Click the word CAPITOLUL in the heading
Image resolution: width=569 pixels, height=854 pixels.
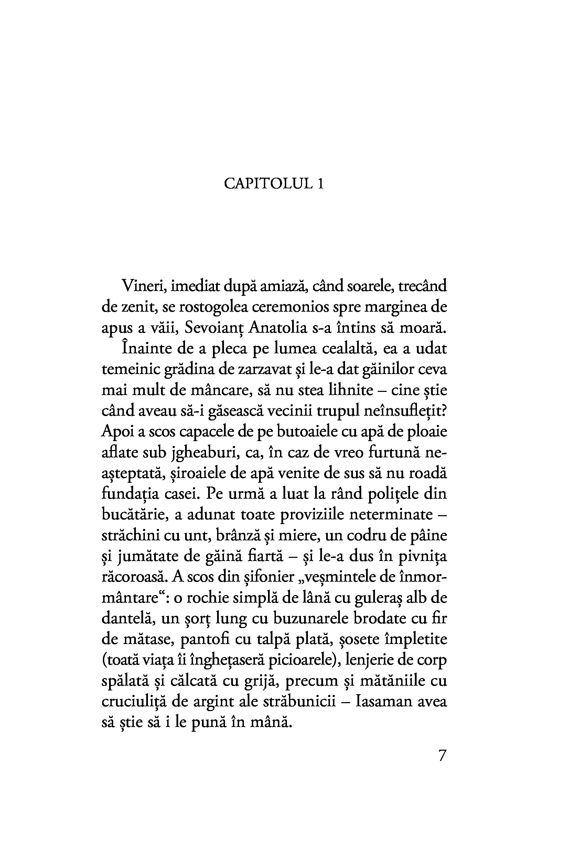tap(268, 184)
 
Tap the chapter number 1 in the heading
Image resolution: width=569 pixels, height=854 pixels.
tap(320, 184)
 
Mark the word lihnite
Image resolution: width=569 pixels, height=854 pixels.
tap(351, 390)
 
